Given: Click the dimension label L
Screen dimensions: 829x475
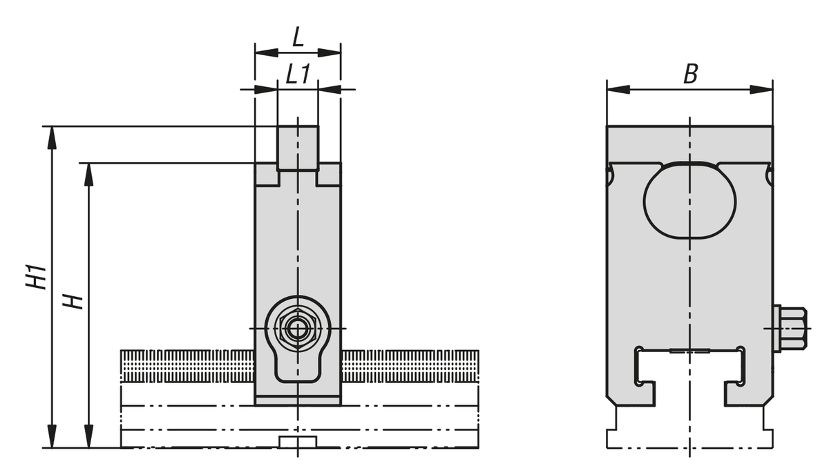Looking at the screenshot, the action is [298, 37].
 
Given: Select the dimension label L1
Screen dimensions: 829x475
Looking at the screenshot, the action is [298, 74].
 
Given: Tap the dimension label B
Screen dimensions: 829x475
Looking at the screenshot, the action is [691, 75].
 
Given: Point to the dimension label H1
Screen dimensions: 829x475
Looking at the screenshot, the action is [36, 276].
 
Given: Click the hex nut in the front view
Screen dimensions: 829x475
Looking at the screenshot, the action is [297, 329].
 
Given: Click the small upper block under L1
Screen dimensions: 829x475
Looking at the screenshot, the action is [298, 148].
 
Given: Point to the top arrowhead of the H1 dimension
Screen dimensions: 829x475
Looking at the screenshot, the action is [53, 137].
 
